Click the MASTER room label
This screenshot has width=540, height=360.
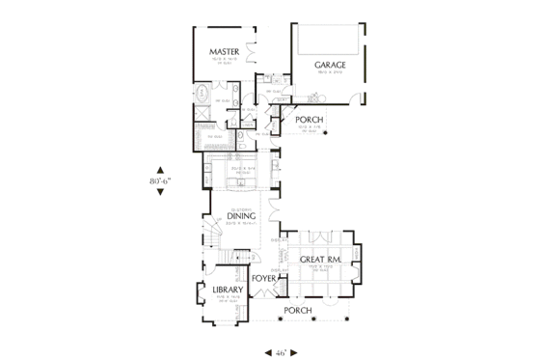(x=225, y=51)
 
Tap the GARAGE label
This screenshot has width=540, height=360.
(x=329, y=65)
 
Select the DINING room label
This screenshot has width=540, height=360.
(x=241, y=216)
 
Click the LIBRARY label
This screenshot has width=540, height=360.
(x=214, y=289)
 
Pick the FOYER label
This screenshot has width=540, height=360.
(x=264, y=280)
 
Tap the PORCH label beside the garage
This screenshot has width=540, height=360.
(x=309, y=120)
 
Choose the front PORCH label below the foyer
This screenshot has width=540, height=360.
(x=296, y=311)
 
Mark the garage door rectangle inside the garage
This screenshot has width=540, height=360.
(x=329, y=41)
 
